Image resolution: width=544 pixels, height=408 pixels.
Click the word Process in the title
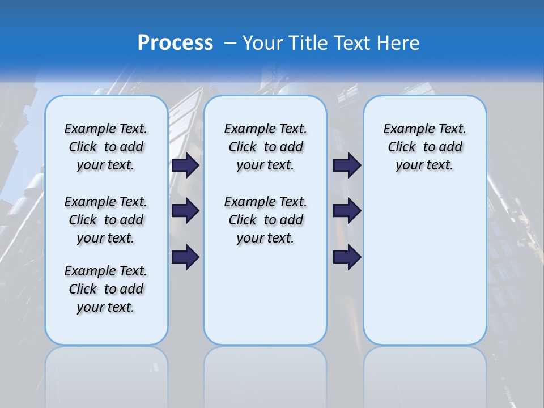[x=175, y=43]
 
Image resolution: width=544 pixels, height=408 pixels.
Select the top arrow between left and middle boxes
[x=185, y=165]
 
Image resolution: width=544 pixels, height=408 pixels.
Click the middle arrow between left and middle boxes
[x=185, y=211]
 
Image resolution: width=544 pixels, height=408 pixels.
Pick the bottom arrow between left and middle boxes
[x=185, y=257]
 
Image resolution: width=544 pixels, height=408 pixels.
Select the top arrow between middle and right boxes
[x=347, y=165]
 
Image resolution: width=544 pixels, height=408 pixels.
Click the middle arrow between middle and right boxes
[x=347, y=211]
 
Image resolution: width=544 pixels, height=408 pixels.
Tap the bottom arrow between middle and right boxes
[x=347, y=257]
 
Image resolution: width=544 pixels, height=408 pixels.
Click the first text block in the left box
[x=106, y=147]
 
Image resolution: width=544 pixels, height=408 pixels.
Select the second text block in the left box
[x=106, y=220]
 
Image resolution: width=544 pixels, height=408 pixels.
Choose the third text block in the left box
[x=106, y=289]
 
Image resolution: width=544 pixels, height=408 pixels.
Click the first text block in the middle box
[x=265, y=147]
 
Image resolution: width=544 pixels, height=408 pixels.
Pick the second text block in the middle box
[x=265, y=220]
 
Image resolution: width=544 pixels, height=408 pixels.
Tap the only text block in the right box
[x=424, y=147]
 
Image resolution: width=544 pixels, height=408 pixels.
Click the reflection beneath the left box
[x=106, y=374]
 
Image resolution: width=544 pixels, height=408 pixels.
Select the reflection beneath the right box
[x=424, y=374]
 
